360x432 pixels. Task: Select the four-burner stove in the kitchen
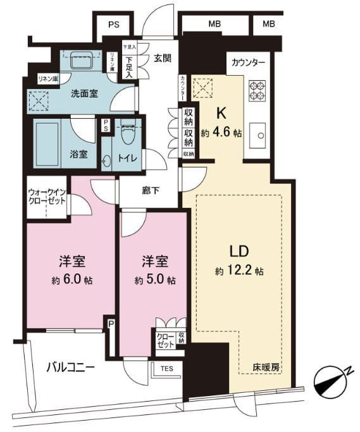(257, 90)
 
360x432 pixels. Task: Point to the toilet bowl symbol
(130, 132)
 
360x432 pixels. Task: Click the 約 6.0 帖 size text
(70, 280)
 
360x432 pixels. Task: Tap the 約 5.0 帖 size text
(154, 280)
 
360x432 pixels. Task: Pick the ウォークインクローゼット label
(46, 195)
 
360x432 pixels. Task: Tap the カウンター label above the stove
(248, 63)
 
